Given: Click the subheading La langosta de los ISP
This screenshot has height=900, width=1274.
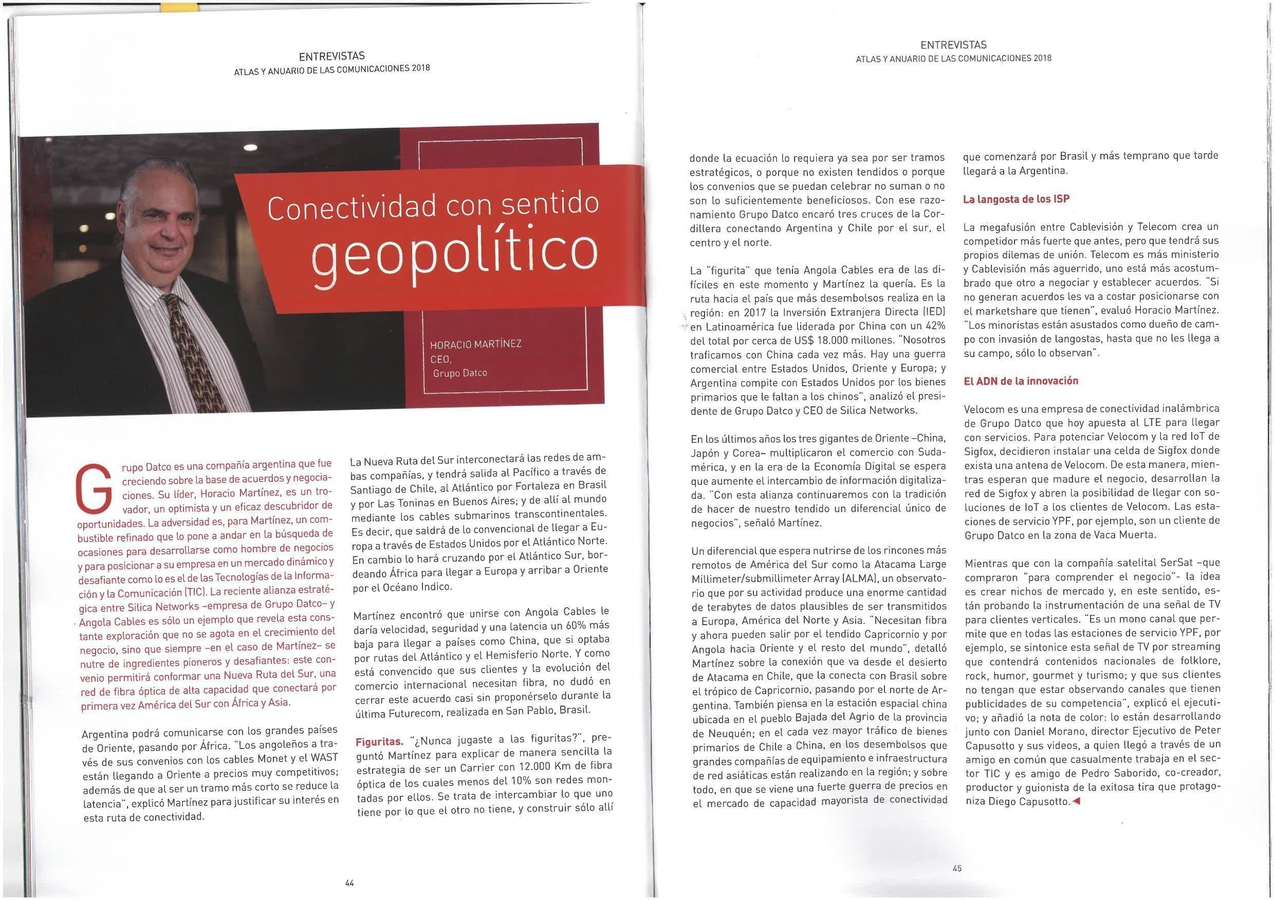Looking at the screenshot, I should [x=1016, y=199].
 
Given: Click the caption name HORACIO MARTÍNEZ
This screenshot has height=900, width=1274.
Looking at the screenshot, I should [x=475, y=344].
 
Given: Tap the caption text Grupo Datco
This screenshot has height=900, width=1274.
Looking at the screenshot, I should [x=459, y=373].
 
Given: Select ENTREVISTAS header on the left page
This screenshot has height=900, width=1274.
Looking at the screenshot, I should [x=332, y=56].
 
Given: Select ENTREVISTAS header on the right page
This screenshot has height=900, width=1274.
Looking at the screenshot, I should [x=953, y=45].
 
